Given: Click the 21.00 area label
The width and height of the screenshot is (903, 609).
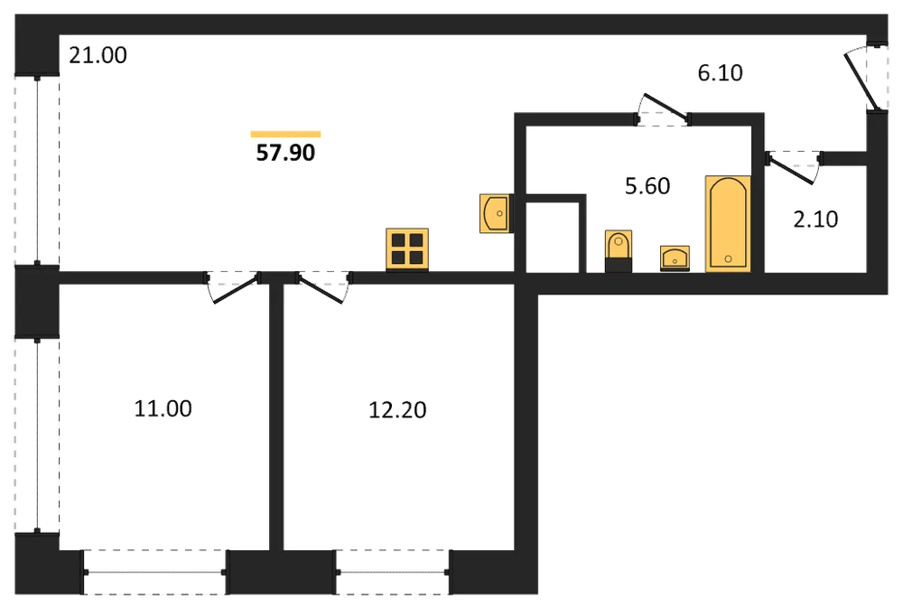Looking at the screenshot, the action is coord(98,55).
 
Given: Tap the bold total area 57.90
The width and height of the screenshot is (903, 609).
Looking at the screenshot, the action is coord(285,153).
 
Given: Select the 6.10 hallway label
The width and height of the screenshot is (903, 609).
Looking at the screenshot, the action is coord(720,73).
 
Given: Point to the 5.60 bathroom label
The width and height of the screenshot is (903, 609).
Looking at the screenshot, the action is coord(647,186).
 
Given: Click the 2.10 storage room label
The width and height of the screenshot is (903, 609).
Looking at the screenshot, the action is coord(815,220).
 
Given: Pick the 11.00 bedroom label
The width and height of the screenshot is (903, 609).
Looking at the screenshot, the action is coord(163,408).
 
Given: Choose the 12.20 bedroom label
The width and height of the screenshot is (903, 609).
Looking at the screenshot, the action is coord(397,410).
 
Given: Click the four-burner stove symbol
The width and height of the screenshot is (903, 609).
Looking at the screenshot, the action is coord(407,248).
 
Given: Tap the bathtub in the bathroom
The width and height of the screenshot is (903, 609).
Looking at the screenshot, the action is coord(728,223).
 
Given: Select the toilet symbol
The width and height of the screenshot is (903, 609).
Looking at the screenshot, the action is coord(619,250).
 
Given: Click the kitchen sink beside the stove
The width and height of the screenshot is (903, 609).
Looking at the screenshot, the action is coord(496,213).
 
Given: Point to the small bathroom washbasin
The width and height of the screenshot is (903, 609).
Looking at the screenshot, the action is coord(675,258).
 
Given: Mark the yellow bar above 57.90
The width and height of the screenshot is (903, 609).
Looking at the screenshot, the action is coord(285,135).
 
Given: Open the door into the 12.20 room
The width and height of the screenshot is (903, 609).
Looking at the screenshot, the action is coord(323,286).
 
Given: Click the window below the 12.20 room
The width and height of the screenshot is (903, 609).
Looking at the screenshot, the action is coord(393,572).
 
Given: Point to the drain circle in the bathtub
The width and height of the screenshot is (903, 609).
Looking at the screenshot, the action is coord(728,258).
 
